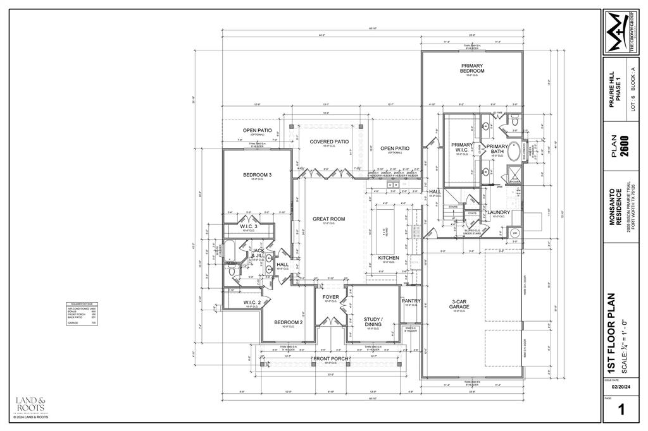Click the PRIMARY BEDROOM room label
pyautogui.click(x=472, y=68)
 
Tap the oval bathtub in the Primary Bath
pyautogui.click(x=514, y=151)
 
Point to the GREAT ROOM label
pyautogui.click(x=328, y=219)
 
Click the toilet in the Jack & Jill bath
pyautogui.click(x=231, y=270)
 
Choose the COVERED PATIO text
pyautogui.click(x=329, y=142)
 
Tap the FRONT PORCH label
pyautogui.click(x=331, y=359)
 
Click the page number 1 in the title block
pyautogui.click(x=620, y=410)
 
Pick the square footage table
pyautogui.click(x=81, y=313)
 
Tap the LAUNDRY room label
pyautogui.click(x=499, y=212)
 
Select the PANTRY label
pyautogui.click(x=411, y=301)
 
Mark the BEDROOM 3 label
pyautogui.click(x=258, y=175)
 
